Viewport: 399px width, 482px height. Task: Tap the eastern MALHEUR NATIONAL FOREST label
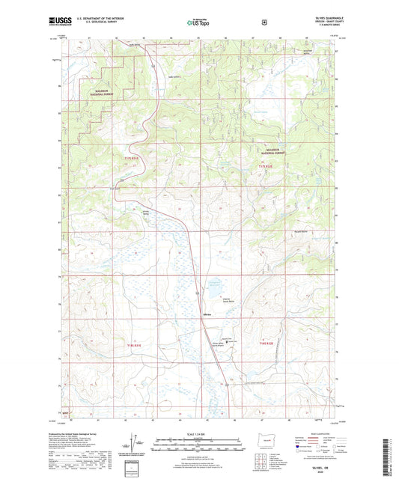271,150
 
